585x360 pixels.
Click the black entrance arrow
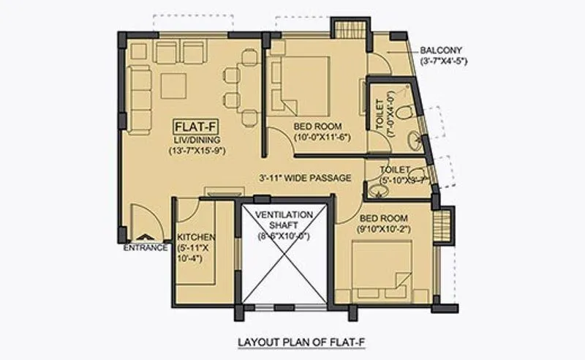coord(146,237)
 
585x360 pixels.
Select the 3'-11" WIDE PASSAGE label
coord(305,178)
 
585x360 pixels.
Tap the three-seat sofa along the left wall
coord(141,87)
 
